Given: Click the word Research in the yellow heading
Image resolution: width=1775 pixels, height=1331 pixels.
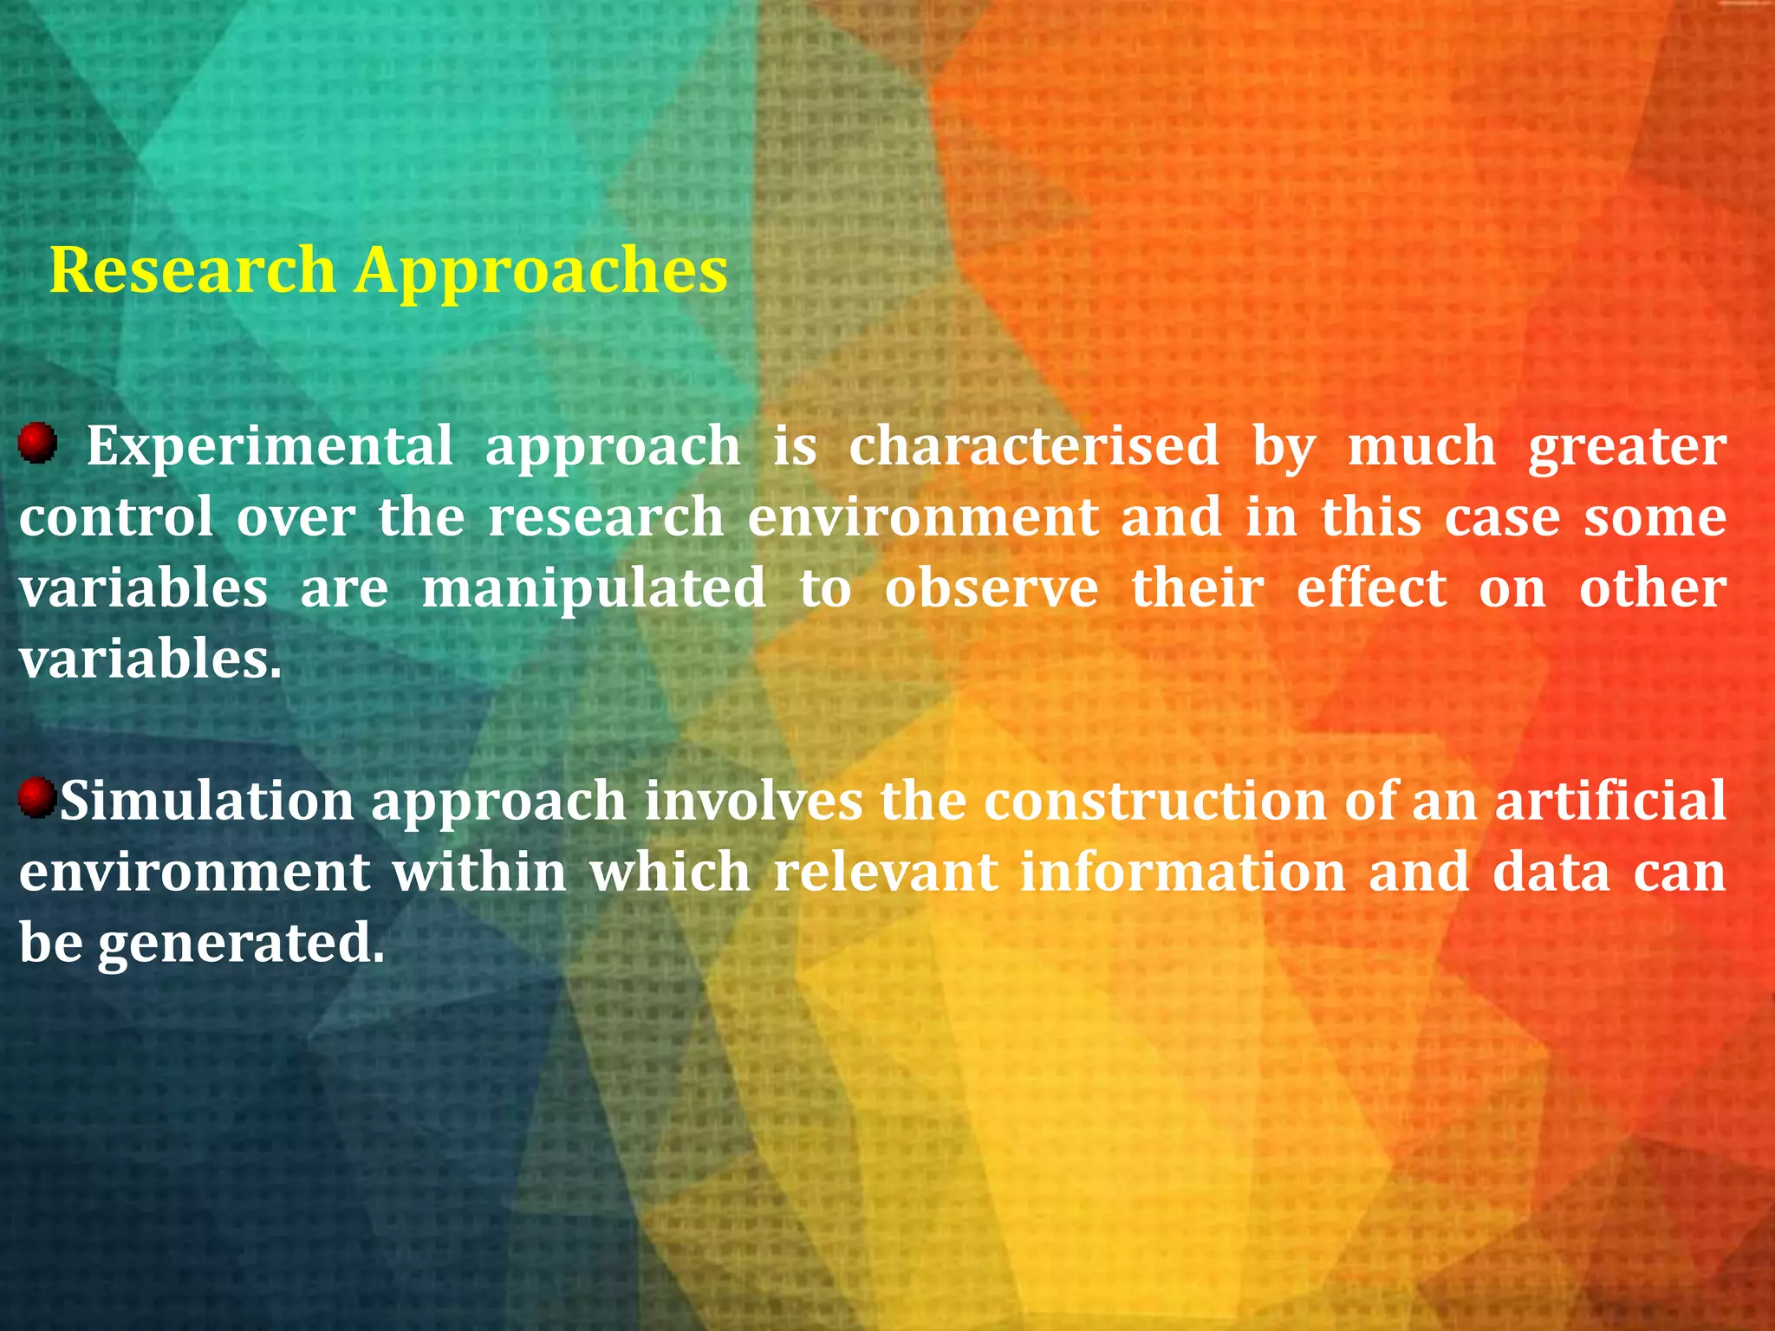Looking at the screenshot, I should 192,270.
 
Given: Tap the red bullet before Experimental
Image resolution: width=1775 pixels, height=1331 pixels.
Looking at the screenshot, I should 36,443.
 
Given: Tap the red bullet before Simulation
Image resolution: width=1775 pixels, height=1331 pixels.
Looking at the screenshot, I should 36,797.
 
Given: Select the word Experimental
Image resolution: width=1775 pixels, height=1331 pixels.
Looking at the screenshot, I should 270,447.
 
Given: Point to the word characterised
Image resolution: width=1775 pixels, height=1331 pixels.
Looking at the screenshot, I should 1033,445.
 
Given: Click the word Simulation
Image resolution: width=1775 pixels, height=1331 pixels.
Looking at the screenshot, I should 206,801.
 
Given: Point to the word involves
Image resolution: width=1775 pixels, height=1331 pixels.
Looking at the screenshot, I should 753,801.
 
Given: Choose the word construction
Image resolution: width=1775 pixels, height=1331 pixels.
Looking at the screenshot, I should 1155,801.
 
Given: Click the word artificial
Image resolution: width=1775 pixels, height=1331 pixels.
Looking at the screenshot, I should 1610,801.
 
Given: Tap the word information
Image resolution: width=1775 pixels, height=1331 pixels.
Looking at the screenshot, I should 1182,872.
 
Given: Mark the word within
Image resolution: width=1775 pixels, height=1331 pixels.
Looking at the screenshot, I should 479,872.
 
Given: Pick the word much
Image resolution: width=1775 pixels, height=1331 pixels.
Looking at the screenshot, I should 1421,445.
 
